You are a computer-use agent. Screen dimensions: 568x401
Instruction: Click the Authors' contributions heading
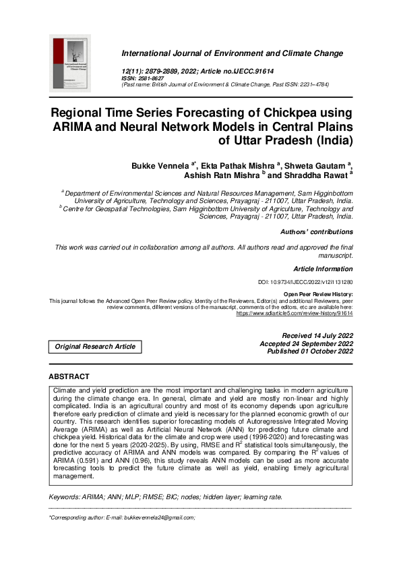click(316, 232)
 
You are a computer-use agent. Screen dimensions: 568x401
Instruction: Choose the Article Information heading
click(323, 268)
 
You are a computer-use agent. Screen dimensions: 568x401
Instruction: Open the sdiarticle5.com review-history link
click(294, 314)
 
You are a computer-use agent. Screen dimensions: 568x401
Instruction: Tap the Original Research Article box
click(95, 347)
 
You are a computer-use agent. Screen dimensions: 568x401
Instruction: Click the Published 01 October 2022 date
click(310, 351)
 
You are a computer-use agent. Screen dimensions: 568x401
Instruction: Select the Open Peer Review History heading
click(317, 294)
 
